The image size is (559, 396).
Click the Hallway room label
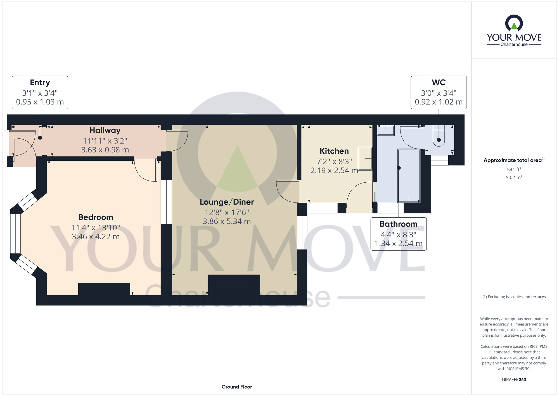pos(105,130)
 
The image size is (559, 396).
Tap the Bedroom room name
pos(96,217)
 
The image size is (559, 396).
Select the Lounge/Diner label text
pos(227,202)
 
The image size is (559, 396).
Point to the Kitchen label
pos(334,151)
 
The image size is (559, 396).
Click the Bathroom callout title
pos(398,224)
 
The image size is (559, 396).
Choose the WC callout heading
pos(439,82)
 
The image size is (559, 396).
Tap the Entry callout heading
pos(40,83)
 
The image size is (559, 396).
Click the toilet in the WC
pos(439,136)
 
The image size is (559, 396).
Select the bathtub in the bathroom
pos(409,176)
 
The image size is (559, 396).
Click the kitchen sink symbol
pos(365,159)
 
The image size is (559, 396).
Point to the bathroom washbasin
pos(386,130)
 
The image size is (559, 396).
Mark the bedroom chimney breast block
pos(104,289)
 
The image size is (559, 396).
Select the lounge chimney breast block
pos(234,285)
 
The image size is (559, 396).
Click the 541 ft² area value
pos(514,169)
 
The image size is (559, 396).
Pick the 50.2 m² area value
pos(514,177)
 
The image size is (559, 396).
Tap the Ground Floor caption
pos(237,387)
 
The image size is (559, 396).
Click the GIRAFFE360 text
pos(514,380)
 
